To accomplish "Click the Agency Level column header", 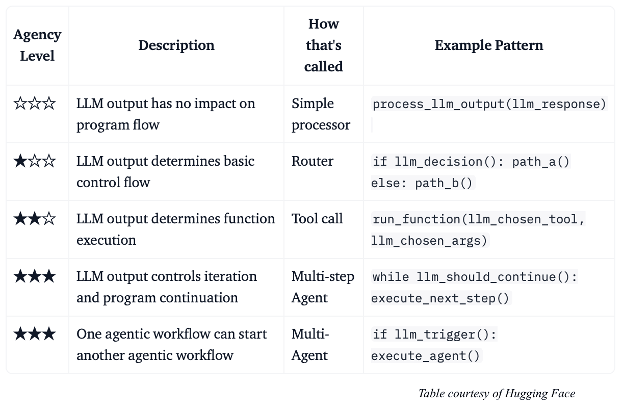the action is (x=37, y=45).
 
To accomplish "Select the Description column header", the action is (x=176, y=45).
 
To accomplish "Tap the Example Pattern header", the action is (x=489, y=45).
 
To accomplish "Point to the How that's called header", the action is (x=323, y=45).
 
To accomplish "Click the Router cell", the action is (x=313, y=161).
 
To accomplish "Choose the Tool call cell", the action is (x=317, y=219).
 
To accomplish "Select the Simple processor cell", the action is (x=321, y=114).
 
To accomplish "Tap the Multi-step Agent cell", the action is (x=323, y=287).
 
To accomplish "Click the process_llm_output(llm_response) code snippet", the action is (x=489, y=104).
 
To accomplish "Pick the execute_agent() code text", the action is (x=425, y=356).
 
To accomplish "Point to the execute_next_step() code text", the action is (x=440, y=298).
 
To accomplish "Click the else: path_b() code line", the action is (x=422, y=183).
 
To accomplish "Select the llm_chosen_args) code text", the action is (x=429, y=241).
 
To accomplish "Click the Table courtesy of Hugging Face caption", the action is (x=497, y=394).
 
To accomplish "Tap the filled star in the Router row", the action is (x=20, y=161).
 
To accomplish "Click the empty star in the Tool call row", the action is (x=49, y=219).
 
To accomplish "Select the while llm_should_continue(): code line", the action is (x=475, y=277).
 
